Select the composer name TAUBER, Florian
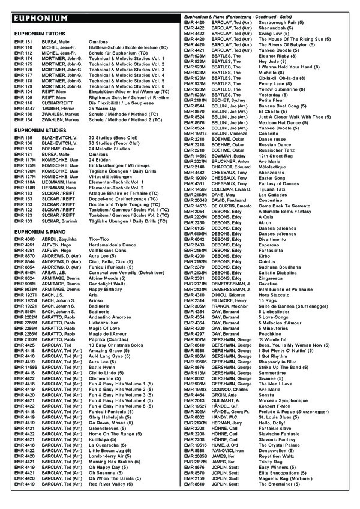58,108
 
